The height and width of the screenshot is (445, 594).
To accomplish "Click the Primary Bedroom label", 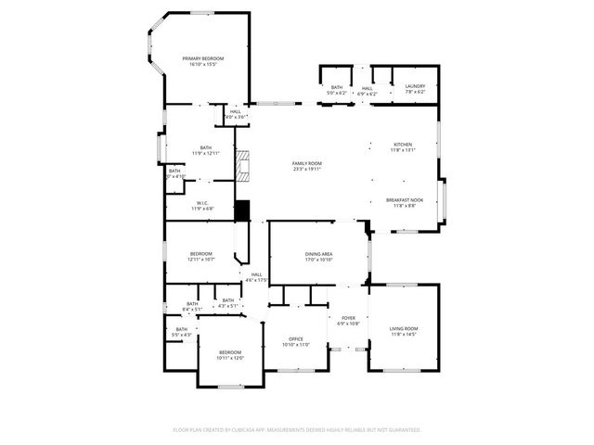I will click(x=203, y=57).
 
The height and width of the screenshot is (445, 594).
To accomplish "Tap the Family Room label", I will click(x=306, y=163).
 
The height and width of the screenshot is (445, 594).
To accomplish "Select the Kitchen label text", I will click(x=403, y=144).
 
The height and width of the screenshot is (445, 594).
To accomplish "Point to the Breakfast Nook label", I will click(x=405, y=200).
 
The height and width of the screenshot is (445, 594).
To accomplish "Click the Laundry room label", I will click(x=415, y=86).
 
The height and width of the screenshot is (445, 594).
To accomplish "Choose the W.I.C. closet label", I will click(x=202, y=203).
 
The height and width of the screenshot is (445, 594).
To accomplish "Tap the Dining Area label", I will click(x=319, y=254).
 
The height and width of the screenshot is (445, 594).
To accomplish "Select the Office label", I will click(x=295, y=339).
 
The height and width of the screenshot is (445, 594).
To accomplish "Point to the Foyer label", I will click(x=347, y=317).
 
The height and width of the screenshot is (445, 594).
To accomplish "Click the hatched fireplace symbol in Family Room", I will click(x=243, y=166).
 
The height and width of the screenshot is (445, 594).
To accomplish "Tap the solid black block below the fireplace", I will click(x=243, y=210).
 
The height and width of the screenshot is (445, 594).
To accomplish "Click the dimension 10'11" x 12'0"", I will click(x=230, y=358).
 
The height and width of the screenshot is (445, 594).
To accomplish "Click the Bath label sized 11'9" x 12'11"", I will click(x=205, y=153).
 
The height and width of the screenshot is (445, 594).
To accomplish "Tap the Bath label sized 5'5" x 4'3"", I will click(x=181, y=334).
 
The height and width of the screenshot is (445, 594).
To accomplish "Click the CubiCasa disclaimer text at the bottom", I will click(x=297, y=430).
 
